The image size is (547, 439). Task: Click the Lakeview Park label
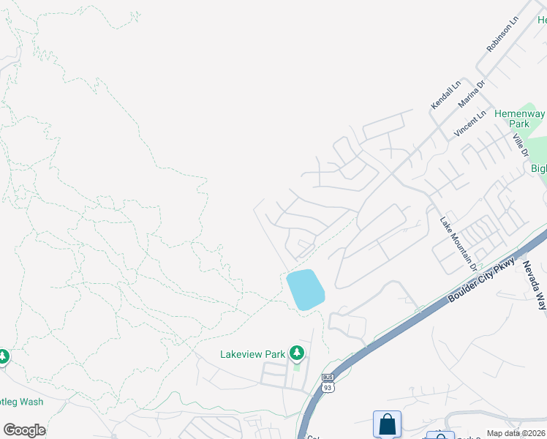[252, 354]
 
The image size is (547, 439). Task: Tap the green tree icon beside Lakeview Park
[296, 353]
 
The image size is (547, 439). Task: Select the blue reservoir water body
[305, 289]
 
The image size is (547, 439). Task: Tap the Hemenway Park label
[519, 119]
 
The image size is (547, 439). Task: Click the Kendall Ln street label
[445, 96]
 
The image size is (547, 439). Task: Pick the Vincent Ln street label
[469, 124]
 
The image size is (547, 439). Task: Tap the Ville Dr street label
[520, 144]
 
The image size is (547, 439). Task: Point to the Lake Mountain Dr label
[458, 241]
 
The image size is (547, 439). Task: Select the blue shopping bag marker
[387, 424]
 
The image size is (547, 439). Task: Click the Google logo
[24, 430]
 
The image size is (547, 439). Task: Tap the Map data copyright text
[516, 433]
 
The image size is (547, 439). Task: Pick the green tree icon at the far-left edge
[3, 356]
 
